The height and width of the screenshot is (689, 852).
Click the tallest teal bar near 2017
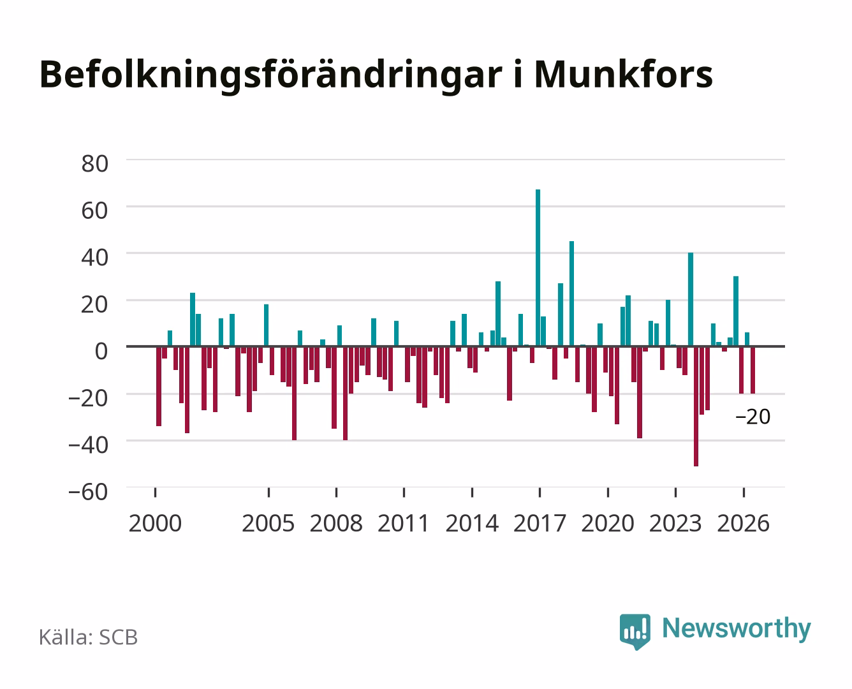coord(538,268)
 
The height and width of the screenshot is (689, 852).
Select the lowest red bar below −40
coord(696,406)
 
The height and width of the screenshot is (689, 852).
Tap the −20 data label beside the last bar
coord(753,417)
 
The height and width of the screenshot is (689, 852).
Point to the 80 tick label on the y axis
coord(95,164)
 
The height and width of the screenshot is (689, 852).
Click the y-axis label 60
coord(95,211)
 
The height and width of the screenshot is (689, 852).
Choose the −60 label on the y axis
coord(88,492)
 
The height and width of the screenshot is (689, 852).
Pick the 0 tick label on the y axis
coord(101,352)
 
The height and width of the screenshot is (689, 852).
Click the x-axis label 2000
coord(155,523)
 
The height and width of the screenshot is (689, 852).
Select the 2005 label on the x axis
coord(268,523)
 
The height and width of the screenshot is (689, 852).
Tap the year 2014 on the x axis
coord(472,523)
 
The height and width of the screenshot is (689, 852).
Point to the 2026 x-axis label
coord(743,523)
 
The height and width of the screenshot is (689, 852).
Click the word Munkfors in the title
coord(624,75)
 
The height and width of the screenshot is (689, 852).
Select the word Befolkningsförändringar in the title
coord(271,77)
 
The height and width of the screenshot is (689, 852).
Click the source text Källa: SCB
coord(89,637)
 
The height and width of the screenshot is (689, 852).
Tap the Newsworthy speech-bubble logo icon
coord(635,632)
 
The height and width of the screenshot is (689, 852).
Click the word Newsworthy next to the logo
coord(737,629)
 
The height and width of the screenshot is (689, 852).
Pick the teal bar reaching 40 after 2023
coord(691,299)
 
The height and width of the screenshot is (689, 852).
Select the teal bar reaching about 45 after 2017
coord(571,293)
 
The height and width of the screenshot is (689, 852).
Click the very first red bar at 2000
coord(158,386)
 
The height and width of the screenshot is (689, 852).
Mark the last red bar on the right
coord(753,370)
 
